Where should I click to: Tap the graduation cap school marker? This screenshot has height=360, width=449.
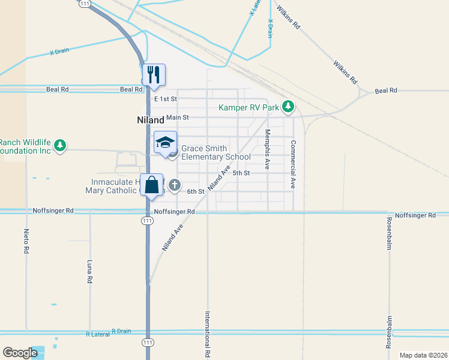[x=165, y=143]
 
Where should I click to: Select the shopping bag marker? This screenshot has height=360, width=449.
[x=152, y=185]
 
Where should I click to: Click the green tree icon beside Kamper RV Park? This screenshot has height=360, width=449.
[x=288, y=107]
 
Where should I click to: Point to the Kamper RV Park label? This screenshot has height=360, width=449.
[x=249, y=108]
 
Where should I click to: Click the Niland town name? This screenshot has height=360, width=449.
[x=146, y=120]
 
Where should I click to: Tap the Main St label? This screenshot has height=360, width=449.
[x=178, y=118]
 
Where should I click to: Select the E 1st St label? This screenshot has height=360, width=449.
[x=166, y=98]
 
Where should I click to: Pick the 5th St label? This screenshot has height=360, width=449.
[x=241, y=173]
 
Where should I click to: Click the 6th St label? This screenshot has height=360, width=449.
[x=196, y=191]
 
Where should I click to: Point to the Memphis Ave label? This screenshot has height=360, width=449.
[x=268, y=148]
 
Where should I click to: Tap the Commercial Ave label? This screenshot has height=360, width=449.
[x=294, y=165]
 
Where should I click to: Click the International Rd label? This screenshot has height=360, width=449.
[x=207, y=335]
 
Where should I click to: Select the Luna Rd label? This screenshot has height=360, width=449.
[x=89, y=271]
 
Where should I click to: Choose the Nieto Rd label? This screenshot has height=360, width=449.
[x=26, y=241]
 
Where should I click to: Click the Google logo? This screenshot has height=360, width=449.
[x=20, y=353]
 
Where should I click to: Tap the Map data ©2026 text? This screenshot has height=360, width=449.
[x=423, y=355]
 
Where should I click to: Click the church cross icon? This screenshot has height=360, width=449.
[x=174, y=184]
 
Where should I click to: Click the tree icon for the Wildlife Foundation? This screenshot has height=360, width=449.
[x=60, y=145]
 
